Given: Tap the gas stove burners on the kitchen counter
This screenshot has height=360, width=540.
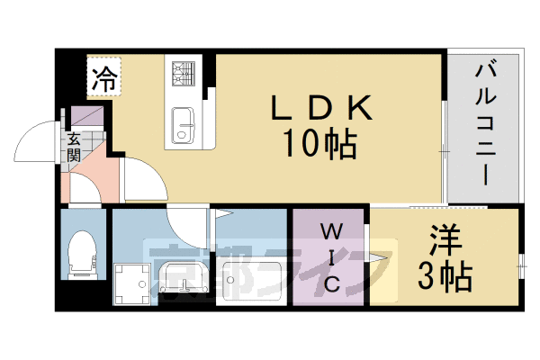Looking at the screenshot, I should pyautogui.click(x=184, y=71).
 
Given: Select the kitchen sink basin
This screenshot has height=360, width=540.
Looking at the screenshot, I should pyautogui.click(x=184, y=124).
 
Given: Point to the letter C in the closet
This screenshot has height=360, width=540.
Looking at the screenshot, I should pyautogui.click(x=331, y=286).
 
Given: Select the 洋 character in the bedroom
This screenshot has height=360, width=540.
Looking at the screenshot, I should pyautogui.click(x=445, y=241).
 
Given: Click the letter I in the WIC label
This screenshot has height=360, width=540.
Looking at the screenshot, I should pyautogui.click(x=330, y=258).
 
